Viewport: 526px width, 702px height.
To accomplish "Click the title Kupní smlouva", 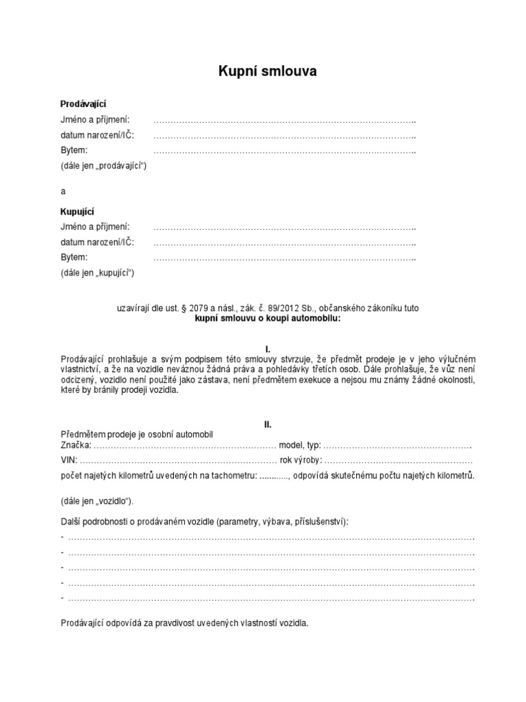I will [267, 71].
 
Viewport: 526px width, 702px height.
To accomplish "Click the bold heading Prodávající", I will [84, 104].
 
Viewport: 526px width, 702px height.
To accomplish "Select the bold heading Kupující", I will [78, 212].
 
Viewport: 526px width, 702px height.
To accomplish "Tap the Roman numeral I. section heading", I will [268, 349].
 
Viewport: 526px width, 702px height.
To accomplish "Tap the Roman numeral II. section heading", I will [268, 424].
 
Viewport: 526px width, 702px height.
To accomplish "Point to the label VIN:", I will [69, 460].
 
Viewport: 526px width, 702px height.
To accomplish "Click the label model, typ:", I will [300, 446].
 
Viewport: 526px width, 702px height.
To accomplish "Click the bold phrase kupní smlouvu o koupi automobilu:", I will [268, 319].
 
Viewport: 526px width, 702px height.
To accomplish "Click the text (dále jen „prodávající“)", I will [104, 165].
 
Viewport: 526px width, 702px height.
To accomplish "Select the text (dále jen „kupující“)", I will [98, 273].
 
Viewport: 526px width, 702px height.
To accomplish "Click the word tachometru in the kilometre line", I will [234, 475].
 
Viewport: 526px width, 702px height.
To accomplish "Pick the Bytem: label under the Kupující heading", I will [74, 257].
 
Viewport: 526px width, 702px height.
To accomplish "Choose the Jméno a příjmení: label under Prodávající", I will [95, 119].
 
